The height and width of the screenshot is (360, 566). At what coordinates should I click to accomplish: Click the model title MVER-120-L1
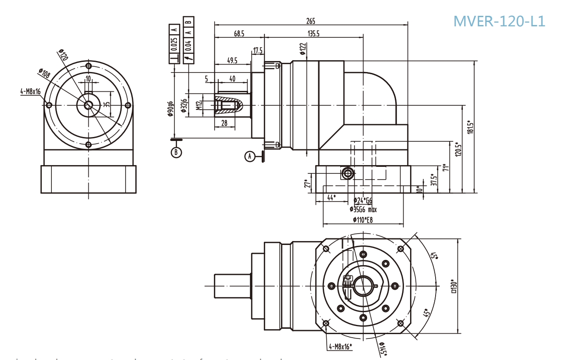click(499, 21)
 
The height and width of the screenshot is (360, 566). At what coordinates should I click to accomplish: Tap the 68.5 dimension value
click(239, 33)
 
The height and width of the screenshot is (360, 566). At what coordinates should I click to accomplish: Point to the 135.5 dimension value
click(314, 33)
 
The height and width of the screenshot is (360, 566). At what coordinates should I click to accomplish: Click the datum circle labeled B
click(176, 152)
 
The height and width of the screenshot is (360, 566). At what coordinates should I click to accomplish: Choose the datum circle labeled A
click(250, 156)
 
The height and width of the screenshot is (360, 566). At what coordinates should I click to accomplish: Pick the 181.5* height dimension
click(470, 127)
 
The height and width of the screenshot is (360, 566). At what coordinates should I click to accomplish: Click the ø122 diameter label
click(303, 48)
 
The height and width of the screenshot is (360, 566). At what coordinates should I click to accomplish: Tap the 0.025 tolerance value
click(174, 46)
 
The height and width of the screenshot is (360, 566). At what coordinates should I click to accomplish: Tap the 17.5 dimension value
click(257, 50)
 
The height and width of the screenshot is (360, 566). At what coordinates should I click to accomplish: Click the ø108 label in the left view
click(44, 73)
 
